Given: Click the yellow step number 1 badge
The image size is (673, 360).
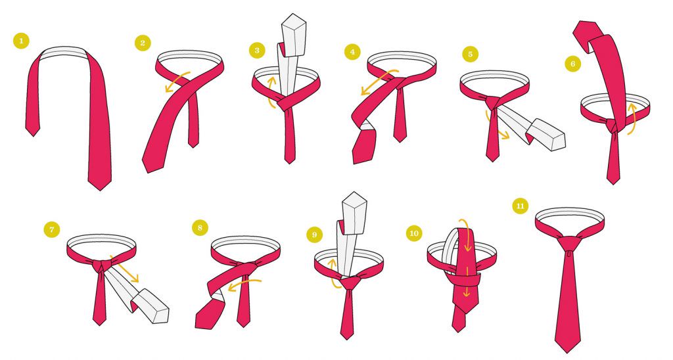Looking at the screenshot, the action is point(21,41).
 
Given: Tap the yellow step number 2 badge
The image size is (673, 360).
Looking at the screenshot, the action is point(143,43).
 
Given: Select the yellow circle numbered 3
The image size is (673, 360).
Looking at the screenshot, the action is point(257,50).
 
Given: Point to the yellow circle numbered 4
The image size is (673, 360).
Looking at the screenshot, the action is point(352,52).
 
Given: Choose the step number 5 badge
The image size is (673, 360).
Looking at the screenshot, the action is point(471,54).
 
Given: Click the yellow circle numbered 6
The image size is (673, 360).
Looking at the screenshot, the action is point(572,64).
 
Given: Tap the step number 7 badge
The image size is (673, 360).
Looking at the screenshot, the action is point(51,229).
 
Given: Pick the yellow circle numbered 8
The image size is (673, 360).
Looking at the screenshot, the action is point(200,227).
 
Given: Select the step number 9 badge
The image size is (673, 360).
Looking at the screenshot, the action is point(314,235).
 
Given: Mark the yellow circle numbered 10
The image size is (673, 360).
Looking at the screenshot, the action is point(414,233).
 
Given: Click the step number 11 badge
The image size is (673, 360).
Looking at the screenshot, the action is point(521,206).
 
